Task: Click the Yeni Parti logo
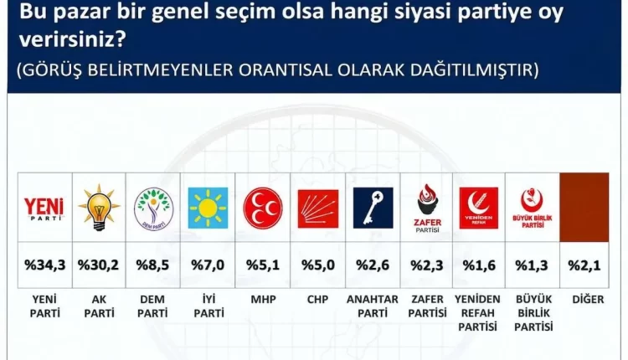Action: [x=44, y=208]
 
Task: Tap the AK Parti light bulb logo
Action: [x=99, y=207]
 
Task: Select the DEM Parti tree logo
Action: [x=153, y=208]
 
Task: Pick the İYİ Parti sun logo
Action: [x=208, y=208]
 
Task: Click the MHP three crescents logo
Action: [x=263, y=208]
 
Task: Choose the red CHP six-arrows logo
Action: [x=318, y=208]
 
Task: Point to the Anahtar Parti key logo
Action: [x=373, y=208]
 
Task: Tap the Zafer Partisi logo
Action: [x=427, y=208]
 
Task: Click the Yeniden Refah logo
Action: [x=479, y=208]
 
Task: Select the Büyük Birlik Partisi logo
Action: [x=533, y=208]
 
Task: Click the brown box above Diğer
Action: [x=584, y=208]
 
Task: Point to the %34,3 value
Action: [x=45, y=265]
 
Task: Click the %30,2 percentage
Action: [x=98, y=265]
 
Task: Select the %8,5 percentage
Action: [x=152, y=265]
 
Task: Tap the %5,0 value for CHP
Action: [x=318, y=265]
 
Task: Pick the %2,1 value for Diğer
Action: [x=584, y=265]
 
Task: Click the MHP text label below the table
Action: [x=263, y=300]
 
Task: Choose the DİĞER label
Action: [x=588, y=299]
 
